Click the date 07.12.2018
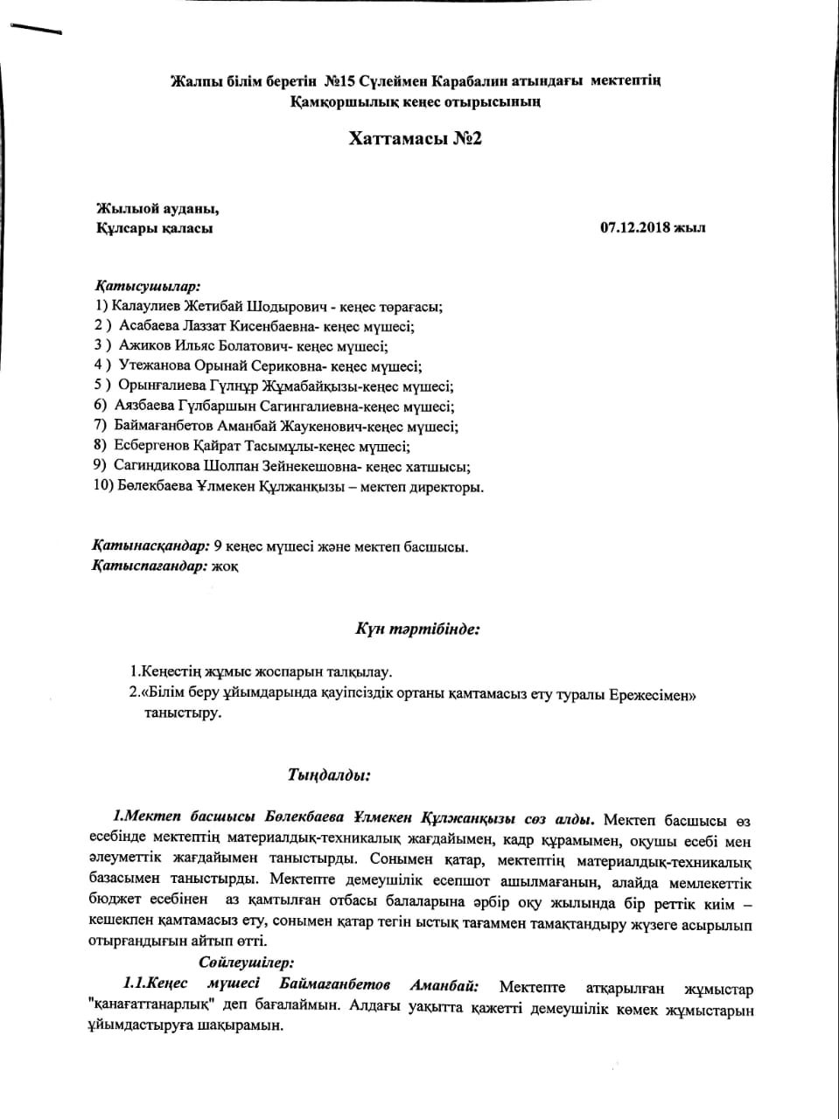click(634, 228)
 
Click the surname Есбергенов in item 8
click(155, 446)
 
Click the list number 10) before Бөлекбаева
click(102, 486)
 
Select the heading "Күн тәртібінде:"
click(416, 629)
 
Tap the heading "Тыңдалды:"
click(329, 775)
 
